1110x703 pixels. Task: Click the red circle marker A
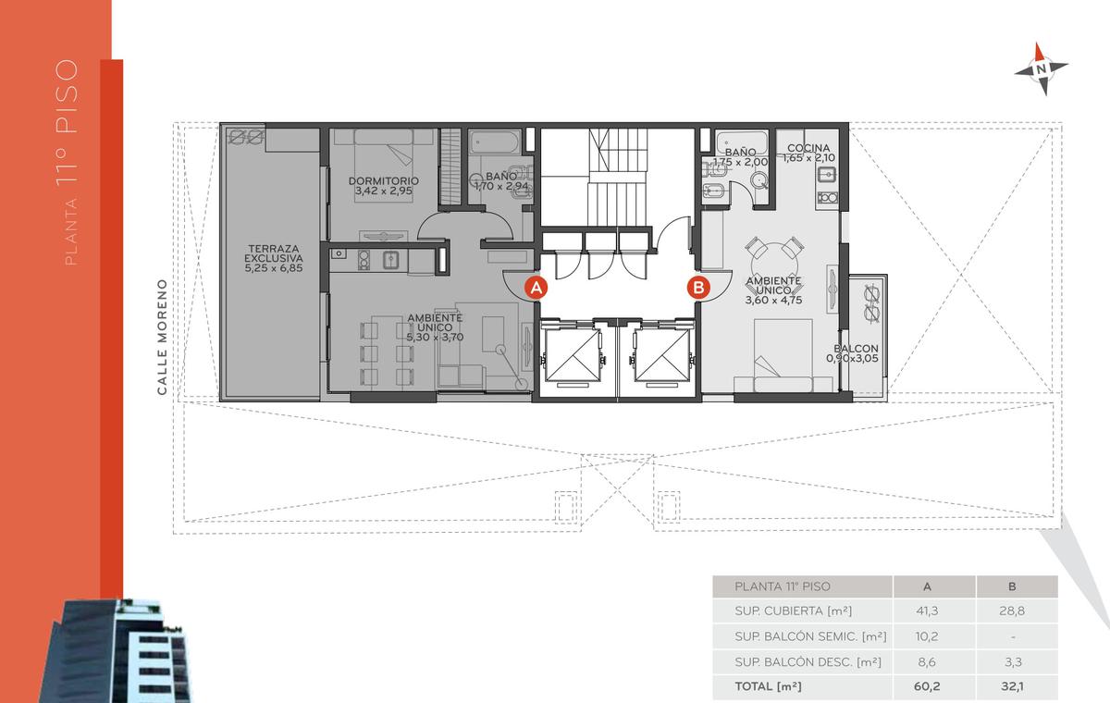(x=536, y=288)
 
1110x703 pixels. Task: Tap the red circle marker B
(x=698, y=288)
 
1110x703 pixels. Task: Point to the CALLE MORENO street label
(x=162, y=337)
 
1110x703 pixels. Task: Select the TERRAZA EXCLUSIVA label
(x=274, y=253)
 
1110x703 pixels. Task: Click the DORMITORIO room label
(x=384, y=180)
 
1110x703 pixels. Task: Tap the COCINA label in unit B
(x=808, y=148)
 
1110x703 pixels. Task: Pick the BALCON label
(x=856, y=349)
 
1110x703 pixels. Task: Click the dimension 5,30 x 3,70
(x=435, y=338)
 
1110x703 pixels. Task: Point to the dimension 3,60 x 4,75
(x=773, y=300)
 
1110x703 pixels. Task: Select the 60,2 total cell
(x=927, y=686)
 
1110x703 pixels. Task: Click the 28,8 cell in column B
(x=1012, y=610)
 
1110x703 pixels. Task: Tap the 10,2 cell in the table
(x=927, y=636)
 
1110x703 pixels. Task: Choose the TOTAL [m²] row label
(x=768, y=686)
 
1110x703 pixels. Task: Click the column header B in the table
(x=1012, y=586)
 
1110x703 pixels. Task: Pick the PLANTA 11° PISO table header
(x=783, y=586)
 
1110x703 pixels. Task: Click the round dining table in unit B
(x=773, y=259)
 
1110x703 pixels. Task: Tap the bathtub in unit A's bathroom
(x=495, y=142)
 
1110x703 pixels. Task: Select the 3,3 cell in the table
(x=1013, y=662)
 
